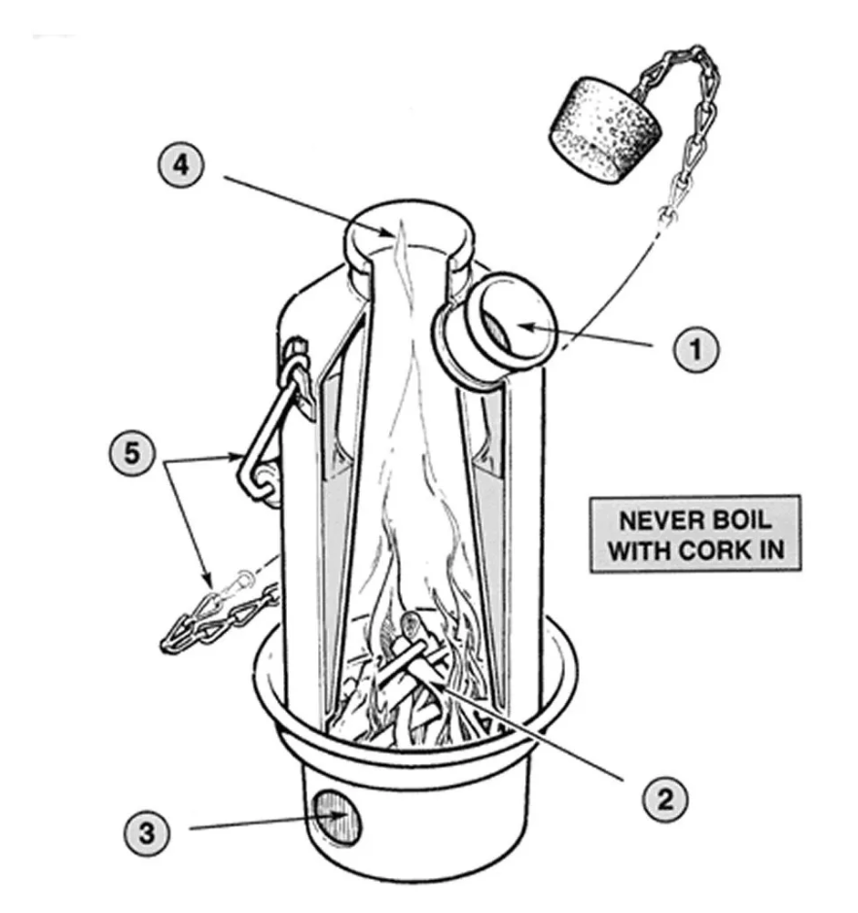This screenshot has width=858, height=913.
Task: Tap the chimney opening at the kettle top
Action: click(x=409, y=233)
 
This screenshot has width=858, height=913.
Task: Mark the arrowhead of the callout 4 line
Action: click(x=395, y=234)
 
